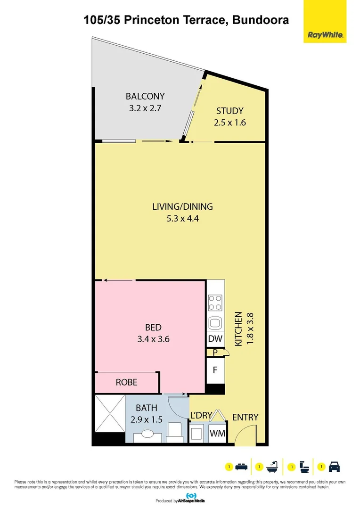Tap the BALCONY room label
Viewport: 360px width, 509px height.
click(x=145, y=97)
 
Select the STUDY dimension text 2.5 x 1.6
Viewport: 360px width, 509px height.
click(x=229, y=123)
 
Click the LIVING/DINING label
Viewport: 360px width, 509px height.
click(x=182, y=206)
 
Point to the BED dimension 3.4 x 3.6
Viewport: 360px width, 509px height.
click(x=153, y=338)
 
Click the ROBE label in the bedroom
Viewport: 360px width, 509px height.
click(x=127, y=382)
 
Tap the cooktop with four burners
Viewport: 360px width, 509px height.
click(x=215, y=302)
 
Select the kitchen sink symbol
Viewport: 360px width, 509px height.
click(x=215, y=323)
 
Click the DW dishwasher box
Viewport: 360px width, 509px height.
click(x=215, y=339)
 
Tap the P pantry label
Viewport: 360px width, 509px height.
click(x=215, y=353)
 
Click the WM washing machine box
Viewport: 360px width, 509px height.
click(x=217, y=433)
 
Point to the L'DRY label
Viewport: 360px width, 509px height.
click(x=201, y=415)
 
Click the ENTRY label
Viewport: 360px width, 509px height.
click(x=245, y=417)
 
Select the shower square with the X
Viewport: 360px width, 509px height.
click(x=109, y=413)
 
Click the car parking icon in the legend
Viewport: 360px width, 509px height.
click(x=334, y=467)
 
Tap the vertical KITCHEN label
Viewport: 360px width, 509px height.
click(x=238, y=329)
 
